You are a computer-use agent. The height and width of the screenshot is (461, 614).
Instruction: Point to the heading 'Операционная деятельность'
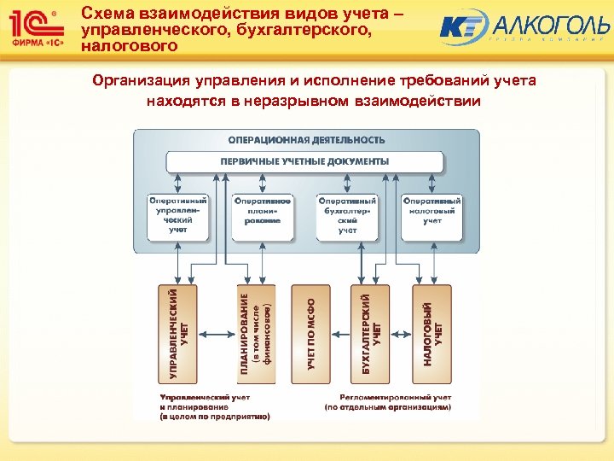pyautogui.click(x=306, y=139)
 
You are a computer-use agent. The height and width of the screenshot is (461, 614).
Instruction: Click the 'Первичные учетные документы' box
pyautogui.click(x=304, y=160)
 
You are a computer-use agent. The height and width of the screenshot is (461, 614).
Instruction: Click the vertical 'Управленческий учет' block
pyautogui.click(x=178, y=333)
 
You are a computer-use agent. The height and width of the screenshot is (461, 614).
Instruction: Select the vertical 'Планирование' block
pyautogui.click(x=255, y=333)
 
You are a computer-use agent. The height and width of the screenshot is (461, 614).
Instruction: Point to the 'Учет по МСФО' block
pyautogui.click(x=312, y=333)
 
